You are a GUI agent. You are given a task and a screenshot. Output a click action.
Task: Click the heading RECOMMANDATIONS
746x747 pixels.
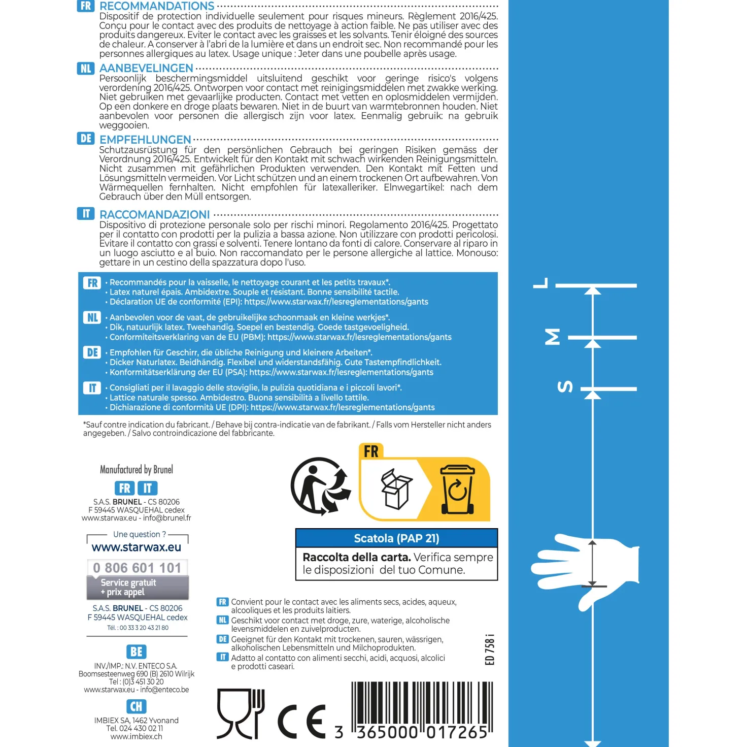click(x=157, y=6)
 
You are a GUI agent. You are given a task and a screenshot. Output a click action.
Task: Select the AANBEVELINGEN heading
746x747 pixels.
click(x=146, y=68)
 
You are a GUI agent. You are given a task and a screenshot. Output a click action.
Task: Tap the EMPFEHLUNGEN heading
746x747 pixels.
click(x=145, y=140)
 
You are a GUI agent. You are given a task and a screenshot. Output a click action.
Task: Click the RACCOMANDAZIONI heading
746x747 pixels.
click(x=155, y=214)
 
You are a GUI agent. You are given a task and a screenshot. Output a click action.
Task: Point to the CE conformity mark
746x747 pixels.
click(x=301, y=721)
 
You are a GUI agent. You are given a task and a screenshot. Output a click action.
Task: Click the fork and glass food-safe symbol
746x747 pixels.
click(x=240, y=713)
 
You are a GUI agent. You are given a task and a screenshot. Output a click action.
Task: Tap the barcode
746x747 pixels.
click(x=422, y=710)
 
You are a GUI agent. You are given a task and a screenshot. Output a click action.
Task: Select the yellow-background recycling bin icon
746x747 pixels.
click(x=457, y=489)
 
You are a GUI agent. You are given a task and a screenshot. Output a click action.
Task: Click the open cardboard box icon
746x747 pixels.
click(x=396, y=489)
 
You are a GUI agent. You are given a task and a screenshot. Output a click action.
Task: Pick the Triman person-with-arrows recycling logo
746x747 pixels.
click(x=321, y=486)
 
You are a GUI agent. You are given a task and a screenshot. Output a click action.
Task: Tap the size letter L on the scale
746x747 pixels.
click(x=541, y=283)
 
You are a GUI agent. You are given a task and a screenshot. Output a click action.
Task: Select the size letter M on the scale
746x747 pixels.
click(x=552, y=337)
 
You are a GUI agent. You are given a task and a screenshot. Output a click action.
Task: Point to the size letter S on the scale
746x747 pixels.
click(x=565, y=386)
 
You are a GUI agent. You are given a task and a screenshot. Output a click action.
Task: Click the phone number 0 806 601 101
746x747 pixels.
click(x=137, y=568)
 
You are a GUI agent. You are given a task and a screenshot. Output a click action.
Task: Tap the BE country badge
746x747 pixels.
click(x=137, y=652)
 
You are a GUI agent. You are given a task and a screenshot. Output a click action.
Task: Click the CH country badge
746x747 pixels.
click(x=137, y=706)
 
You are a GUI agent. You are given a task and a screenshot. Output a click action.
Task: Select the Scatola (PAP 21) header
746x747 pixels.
click(x=396, y=538)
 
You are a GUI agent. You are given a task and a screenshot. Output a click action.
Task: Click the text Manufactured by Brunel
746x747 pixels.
click(x=137, y=469)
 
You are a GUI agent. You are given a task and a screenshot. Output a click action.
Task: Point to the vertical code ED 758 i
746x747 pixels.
click(x=490, y=649)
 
